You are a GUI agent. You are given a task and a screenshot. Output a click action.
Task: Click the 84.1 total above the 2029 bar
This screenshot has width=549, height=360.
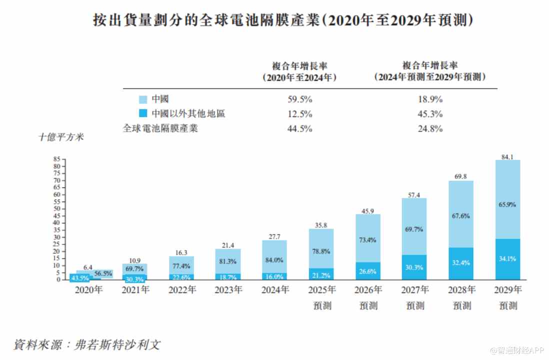(x=507, y=156)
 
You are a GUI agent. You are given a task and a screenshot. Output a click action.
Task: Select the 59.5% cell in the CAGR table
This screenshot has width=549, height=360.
(x=300, y=99)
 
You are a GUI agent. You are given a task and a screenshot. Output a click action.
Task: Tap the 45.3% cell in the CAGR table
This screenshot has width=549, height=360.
(x=430, y=113)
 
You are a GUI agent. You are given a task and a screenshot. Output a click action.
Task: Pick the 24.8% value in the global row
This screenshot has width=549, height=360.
(x=430, y=128)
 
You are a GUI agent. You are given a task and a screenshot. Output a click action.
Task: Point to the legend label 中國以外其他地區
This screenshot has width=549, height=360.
(x=188, y=113)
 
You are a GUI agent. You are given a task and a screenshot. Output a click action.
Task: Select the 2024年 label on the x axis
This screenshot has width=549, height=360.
(x=275, y=289)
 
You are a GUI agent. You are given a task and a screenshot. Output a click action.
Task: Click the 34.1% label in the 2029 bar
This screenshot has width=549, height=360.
(x=507, y=258)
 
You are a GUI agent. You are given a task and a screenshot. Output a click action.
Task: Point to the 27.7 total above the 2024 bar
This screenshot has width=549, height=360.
(x=274, y=236)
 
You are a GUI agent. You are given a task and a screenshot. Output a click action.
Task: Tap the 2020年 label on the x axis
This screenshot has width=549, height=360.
(x=89, y=289)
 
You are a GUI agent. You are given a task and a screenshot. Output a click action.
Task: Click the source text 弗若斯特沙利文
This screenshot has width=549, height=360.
(x=117, y=344)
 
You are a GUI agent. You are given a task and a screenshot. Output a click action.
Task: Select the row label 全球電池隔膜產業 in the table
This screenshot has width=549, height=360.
(x=160, y=128)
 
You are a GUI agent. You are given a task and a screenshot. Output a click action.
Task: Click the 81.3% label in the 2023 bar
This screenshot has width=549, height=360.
(x=228, y=260)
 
